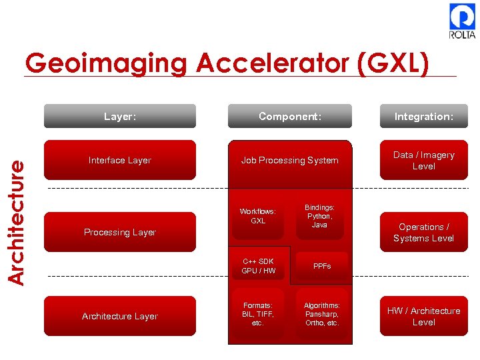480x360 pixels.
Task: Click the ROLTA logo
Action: tap(462, 21)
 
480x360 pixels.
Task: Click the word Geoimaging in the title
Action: tap(107, 63)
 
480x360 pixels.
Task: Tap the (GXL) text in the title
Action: tap(393, 63)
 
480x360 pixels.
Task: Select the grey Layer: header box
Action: tap(120, 116)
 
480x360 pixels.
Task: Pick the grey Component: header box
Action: tap(290, 116)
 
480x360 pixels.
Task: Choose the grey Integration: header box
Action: tap(423, 116)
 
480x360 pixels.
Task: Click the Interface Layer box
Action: tap(120, 160)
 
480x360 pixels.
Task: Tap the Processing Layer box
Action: tap(120, 232)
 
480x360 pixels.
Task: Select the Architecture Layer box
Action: tap(120, 316)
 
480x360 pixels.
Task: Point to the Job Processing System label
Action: tap(290, 160)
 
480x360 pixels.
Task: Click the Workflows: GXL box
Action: tap(258, 216)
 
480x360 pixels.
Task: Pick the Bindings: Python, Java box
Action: tap(320, 216)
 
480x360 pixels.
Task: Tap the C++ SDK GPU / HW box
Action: tap(258, 266)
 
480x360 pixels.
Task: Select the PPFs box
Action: tap(322, 266)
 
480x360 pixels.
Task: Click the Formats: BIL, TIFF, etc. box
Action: tap(258, 313)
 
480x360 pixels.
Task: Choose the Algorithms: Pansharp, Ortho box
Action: tap(322, 313)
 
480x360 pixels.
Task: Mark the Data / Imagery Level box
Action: tap(423, 160)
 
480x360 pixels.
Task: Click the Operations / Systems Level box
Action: tap(423, 232)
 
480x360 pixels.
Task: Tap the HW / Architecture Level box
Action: tap(423, 316)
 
